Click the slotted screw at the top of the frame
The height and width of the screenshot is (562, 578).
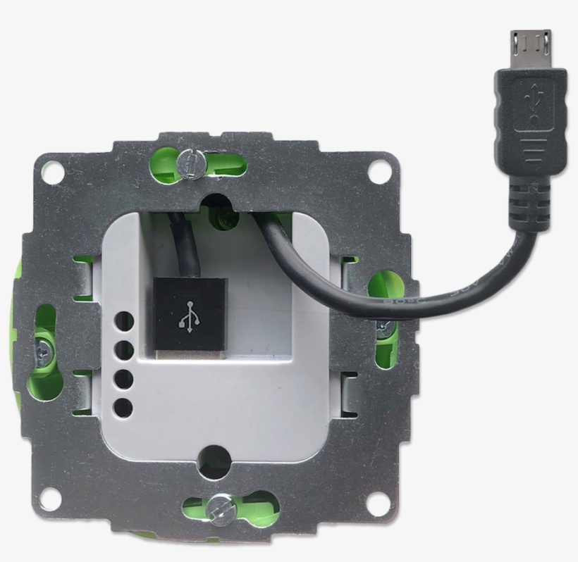190,163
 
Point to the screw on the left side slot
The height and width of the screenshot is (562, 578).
42,345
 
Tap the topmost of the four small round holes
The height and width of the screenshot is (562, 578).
124,322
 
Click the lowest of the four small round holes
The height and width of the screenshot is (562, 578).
124,406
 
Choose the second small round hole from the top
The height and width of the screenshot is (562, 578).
124,349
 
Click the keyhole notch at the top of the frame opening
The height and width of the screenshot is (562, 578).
216,205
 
